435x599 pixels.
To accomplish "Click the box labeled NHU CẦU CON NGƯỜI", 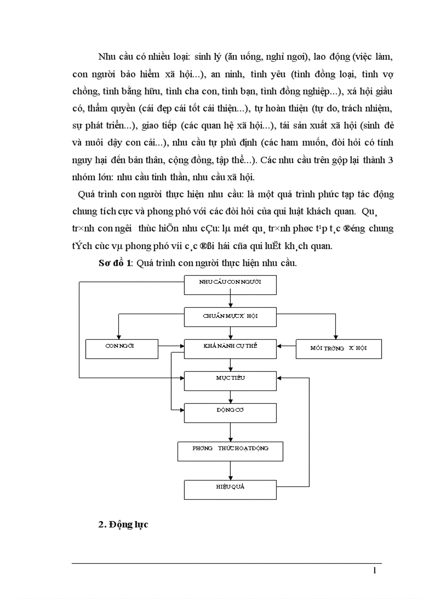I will click(x=230, y=285).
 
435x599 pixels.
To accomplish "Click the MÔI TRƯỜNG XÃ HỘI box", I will click(x=339, y=348).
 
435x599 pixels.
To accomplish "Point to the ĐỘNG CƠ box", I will click(x=230, y=412).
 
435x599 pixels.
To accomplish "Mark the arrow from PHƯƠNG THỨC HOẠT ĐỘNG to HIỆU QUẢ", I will click(x=230, y=470).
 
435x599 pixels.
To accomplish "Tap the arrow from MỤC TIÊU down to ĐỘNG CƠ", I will click(x=230, y=397).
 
